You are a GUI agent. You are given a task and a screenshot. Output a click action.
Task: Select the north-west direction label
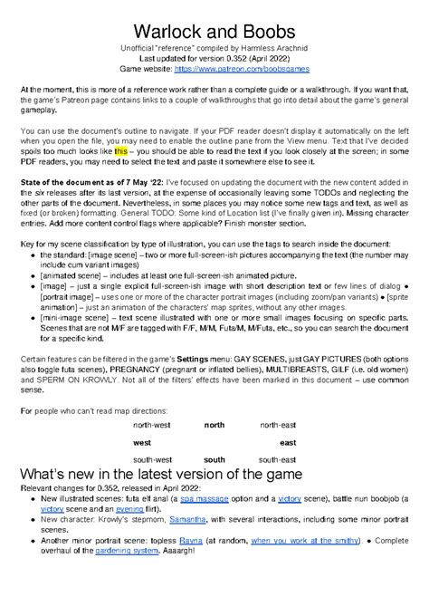click(153, 424)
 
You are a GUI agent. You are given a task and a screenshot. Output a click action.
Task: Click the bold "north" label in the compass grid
click(214, 424)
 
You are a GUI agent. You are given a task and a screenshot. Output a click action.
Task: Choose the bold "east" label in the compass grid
click(288, 442)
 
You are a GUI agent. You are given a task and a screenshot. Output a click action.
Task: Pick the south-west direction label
click(153, 460)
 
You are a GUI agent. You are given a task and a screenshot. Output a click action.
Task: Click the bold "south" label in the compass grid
click(214, 460)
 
